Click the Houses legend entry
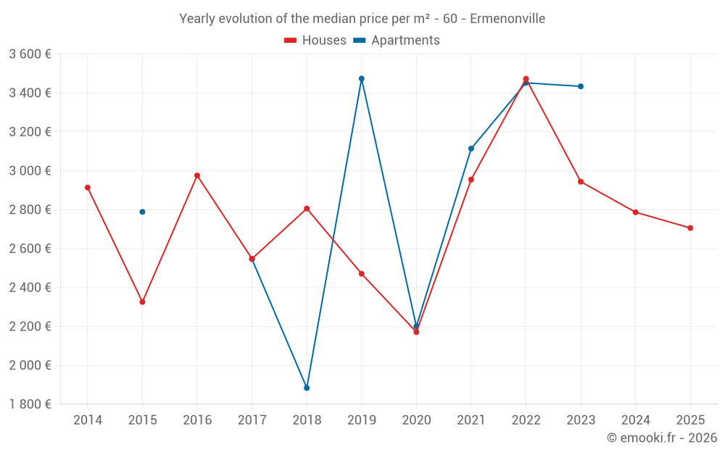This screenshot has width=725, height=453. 315,41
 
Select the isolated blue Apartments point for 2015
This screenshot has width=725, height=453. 142,212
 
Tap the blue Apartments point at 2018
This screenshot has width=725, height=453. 307,388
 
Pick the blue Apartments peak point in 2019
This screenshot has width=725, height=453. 361,78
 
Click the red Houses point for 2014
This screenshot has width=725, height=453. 88,188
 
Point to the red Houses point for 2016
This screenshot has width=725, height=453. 197,175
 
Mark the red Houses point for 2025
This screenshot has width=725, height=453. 690,228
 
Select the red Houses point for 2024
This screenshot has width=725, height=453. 635,212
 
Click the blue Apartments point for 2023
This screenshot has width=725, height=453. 581,86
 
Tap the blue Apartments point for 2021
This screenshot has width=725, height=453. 471,149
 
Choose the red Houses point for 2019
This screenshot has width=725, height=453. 361,274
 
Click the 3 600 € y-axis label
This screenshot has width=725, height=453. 30,54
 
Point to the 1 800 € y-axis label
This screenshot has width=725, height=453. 30,404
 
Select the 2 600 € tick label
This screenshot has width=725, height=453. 30,249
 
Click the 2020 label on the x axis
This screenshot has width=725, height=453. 416,420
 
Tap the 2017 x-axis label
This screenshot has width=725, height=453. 252,420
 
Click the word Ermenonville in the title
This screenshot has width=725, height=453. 507,19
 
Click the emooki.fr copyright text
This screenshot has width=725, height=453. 662,438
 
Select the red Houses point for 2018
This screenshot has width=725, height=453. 307,209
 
